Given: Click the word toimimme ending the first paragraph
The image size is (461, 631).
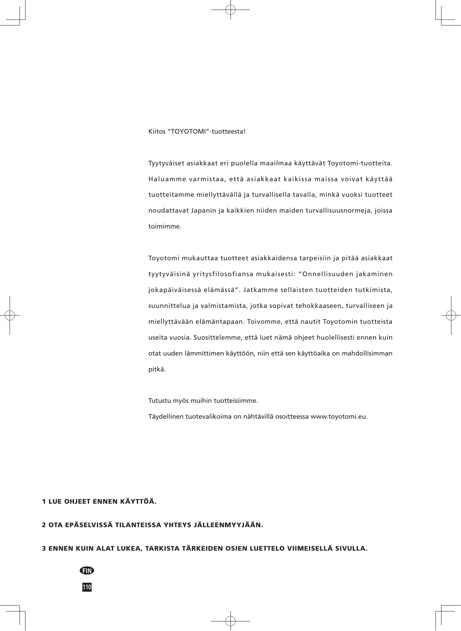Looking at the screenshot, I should click(164, 227).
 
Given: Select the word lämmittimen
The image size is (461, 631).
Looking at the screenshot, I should click(205, 354).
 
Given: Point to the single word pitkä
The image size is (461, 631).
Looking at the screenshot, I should click(157, 369).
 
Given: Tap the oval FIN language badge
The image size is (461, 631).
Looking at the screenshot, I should click(87, 570).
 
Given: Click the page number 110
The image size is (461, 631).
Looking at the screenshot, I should click(87, 587).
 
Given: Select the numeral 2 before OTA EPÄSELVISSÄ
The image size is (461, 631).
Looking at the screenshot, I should click(44, 525).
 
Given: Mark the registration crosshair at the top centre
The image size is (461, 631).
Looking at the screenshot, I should click(230, 10).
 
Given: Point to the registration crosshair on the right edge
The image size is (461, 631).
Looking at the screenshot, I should click(451, 315).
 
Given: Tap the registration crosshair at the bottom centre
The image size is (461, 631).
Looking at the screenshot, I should click(230, 621).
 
